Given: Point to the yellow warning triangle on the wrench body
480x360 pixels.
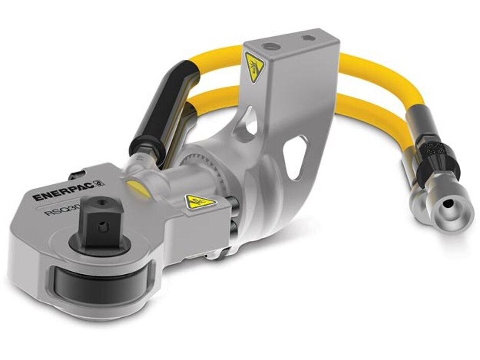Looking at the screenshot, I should (200, 200).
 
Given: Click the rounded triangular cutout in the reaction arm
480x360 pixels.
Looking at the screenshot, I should (295, 154).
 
